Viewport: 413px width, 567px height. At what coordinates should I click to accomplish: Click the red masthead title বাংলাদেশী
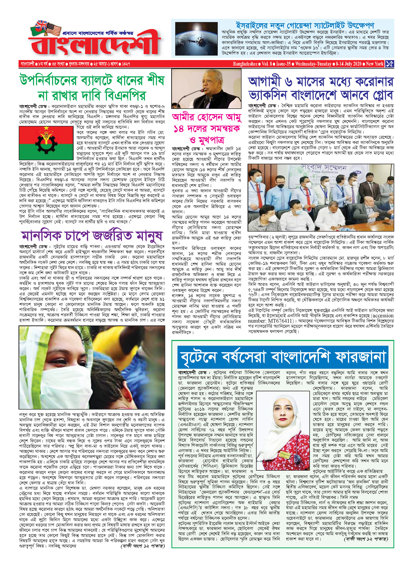coord(95,45)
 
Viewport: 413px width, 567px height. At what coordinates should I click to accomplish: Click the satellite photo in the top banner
coord(196,39)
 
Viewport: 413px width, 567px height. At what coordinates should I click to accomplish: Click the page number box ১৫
coord(389,64)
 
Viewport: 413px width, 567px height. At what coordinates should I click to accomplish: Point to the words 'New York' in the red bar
coord(374,64)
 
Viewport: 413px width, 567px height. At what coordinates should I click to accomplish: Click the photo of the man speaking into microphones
coord(206,89)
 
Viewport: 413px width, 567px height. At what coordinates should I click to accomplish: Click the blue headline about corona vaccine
coord(321,88)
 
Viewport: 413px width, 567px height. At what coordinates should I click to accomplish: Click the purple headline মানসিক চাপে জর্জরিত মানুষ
coord(92,236)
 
